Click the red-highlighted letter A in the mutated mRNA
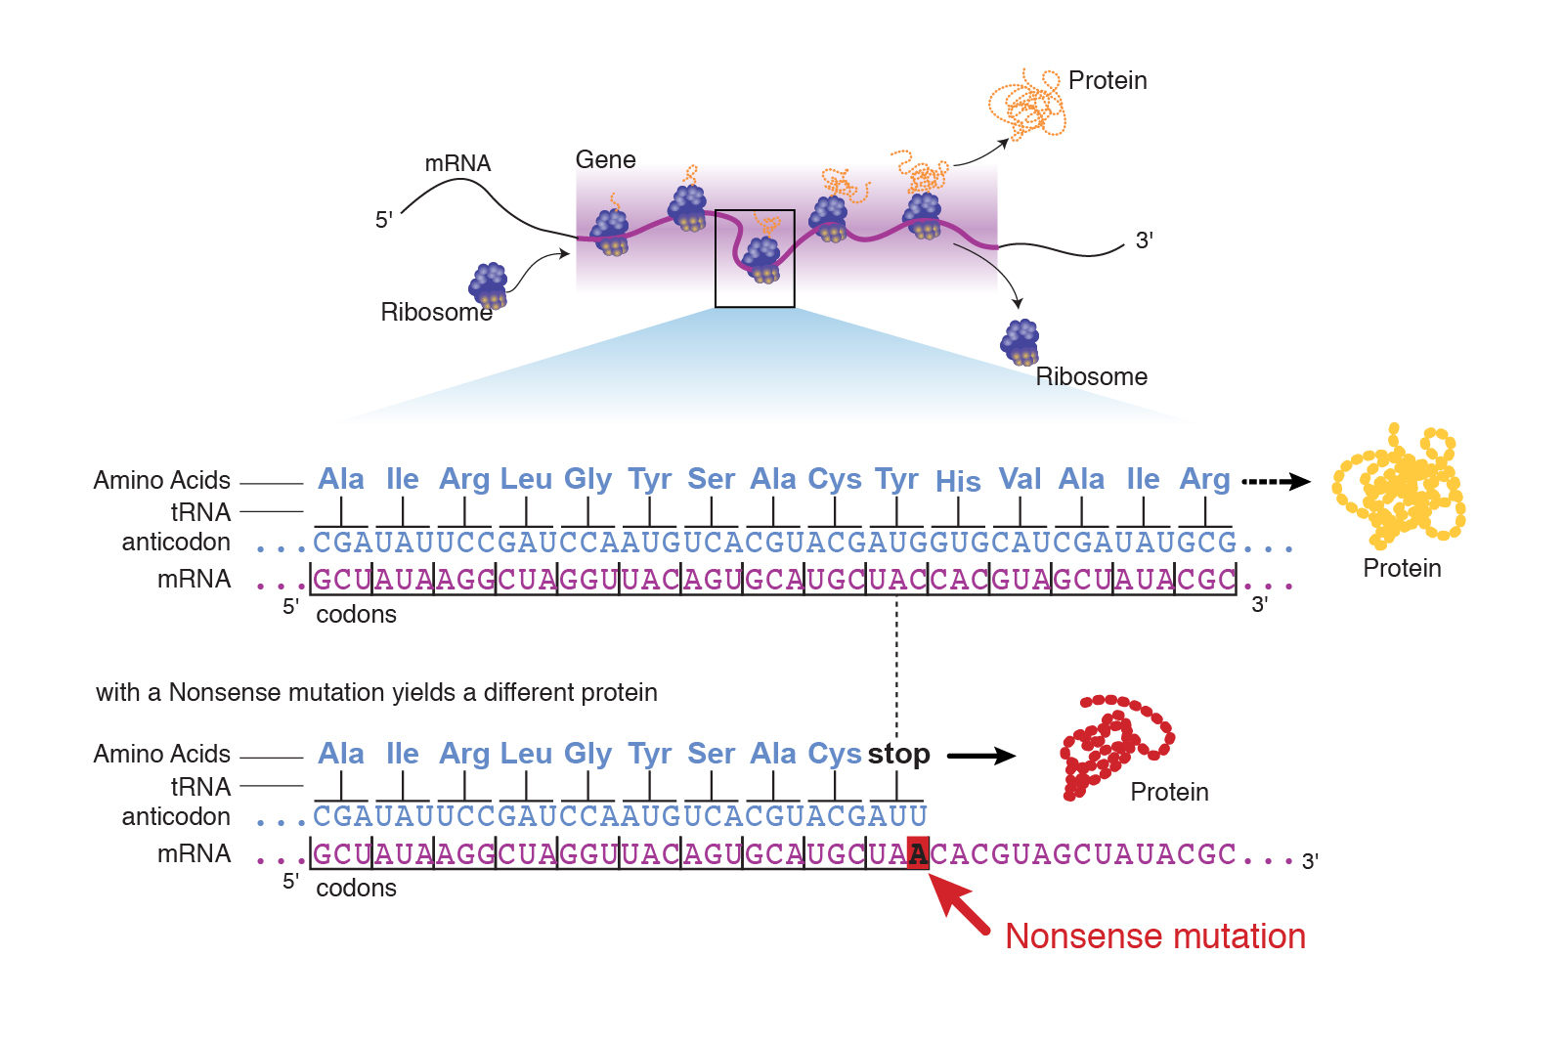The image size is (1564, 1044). click(918, 854)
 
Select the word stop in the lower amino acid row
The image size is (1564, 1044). click(898, 754)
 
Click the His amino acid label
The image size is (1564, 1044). click(958, 482)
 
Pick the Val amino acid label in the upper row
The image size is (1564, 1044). click(1020, 479)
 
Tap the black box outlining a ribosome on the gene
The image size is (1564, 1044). click(755, 259)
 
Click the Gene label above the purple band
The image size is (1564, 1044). click(605, 159)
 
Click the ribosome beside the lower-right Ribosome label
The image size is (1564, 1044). click(1021, 342)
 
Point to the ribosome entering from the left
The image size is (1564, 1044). click(488, 285)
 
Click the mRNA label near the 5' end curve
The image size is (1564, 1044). click(457, 163)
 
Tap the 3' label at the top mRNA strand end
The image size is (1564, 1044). click(1144, 240)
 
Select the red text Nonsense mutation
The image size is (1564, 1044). click(1154, 936)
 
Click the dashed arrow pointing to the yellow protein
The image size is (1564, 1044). click(1275, 481)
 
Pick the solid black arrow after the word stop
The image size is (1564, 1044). click(980, 756)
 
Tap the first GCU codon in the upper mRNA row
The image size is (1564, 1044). click(342, 580)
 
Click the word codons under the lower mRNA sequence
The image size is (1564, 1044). click(356, 888)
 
